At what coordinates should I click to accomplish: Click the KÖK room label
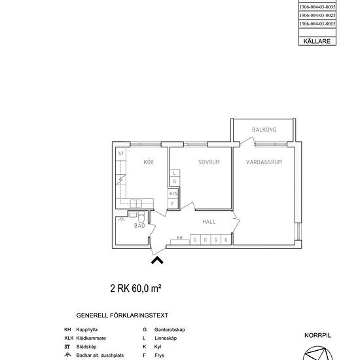pyautogui.click(x=149, y=162)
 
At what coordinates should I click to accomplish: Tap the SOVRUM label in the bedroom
pyautogui.click(x=209, y=162)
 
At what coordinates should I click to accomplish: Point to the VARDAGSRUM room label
pyautogui.click(x=264, y=162)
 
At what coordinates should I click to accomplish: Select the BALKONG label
pyautogui.click(x=264, y=130)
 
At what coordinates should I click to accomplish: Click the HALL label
pyautogui.click(x=209, y=222)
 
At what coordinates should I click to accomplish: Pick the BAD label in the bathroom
pyautogui.click(x=139, y=225)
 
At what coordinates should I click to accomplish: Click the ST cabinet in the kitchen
pyautogui.click(x=121, y=153)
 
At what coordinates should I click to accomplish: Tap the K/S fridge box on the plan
pyautogui.click(x=173, y=194)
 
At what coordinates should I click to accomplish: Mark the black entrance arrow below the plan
pyautogui.click(x=157, y=261)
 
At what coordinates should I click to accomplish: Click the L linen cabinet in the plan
pyautogui.click(x=174, y=173)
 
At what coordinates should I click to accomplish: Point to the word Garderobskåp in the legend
pyautogui.click(x=170, y=329)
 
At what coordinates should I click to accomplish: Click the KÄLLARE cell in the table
pyautogui.click(x=317, y=41)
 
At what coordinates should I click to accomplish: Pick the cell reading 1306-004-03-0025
pyautogui.click(x=317, y=15)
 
